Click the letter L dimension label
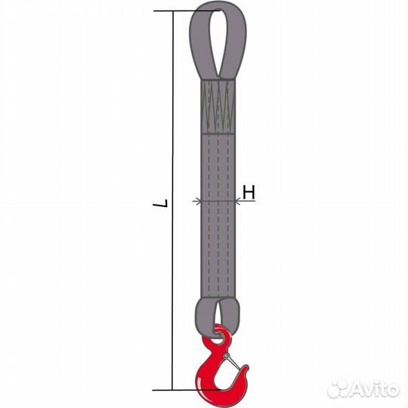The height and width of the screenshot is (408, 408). [164, 203]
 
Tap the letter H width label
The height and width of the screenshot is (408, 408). [249, 193]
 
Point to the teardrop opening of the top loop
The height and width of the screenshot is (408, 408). [217, 42]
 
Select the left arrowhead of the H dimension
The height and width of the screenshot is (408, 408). [198, 201]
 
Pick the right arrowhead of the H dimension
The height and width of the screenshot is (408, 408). [238, 201]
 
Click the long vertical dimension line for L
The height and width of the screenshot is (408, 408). [172, 201]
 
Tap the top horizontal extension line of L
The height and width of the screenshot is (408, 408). [187, 11]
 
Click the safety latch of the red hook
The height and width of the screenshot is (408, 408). [233, 361]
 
